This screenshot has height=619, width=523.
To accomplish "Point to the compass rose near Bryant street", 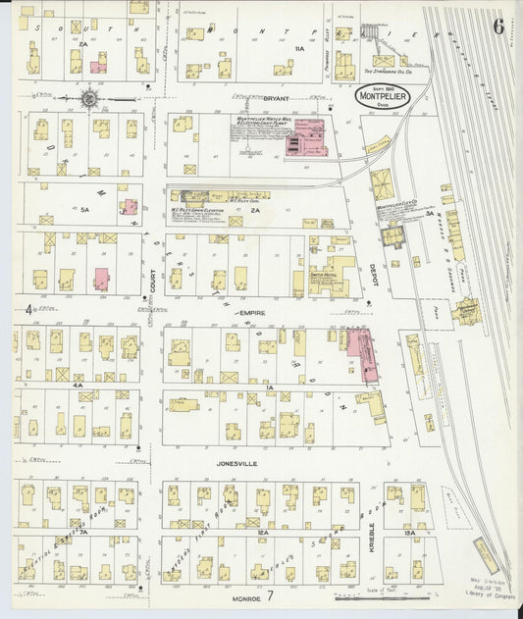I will pyautogui.click(x=88, y=97).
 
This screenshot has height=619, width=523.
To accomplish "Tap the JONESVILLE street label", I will pyautogui.click(x=238, y=456).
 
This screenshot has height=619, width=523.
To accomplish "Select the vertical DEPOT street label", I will pyautogui.click(x=375, y=278).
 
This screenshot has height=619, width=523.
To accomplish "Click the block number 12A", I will pyautogui.click(x=263, y=534).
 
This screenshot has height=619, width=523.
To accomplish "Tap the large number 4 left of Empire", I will pyautogui.click(x=28, y=313).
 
